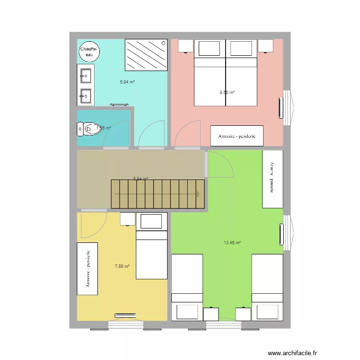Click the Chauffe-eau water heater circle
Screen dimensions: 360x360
[89, 51]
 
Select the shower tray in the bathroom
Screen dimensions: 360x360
[146, 54]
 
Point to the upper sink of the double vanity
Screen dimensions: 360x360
[86, 76]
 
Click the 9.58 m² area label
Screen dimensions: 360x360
[227, 93]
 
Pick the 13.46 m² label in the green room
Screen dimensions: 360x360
[232, 243]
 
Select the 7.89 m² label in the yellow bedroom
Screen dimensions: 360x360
[122, 266]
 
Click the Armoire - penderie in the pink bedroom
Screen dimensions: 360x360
[237, 136]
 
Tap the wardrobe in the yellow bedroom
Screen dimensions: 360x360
[87, 269]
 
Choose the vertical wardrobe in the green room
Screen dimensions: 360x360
[272, 179]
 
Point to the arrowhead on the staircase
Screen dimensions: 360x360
[198, 194]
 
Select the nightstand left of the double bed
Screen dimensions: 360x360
[186, 46]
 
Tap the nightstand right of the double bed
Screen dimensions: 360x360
[265, 46]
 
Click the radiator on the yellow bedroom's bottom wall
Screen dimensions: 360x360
[126, 315]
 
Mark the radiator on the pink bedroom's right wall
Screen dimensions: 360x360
[281, 108]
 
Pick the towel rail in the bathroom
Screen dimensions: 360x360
[119, 104]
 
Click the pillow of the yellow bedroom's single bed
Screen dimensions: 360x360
[152, 221]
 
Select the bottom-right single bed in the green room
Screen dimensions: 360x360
[267, 287]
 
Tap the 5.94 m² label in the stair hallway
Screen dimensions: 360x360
[141, 179]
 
